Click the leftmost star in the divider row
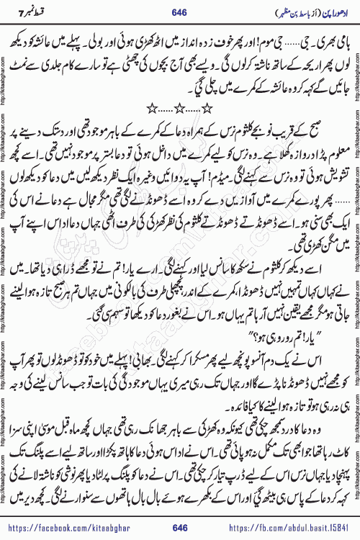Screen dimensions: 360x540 pos(151,108)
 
